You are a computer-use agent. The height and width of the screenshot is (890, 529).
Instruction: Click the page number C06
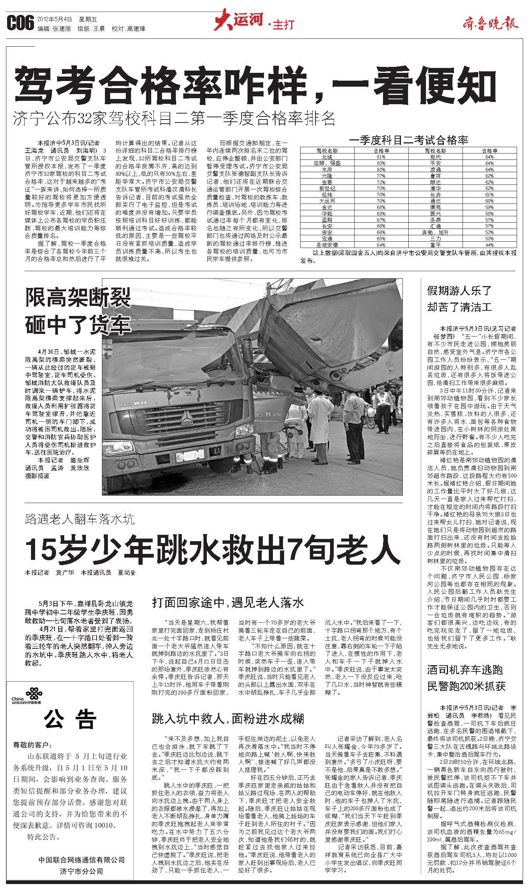coord(20,24)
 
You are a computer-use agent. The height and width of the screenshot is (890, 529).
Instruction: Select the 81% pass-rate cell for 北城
coord(381,157)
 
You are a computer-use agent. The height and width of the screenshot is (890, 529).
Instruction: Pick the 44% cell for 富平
coord(489,245)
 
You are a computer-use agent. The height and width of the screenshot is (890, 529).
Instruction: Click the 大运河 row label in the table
coord(327,201)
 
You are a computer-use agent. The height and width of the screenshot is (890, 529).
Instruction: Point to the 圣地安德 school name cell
coord(327,245)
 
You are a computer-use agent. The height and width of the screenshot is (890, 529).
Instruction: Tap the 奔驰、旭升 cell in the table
coord(435,232)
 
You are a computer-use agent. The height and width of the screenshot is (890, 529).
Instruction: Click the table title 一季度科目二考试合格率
coord(408,140)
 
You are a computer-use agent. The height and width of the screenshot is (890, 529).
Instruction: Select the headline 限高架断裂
coord(78,298)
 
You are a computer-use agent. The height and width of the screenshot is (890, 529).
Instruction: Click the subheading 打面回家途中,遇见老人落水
coord(228,602)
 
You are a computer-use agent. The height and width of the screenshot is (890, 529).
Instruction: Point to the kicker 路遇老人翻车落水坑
coord(80,519)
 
